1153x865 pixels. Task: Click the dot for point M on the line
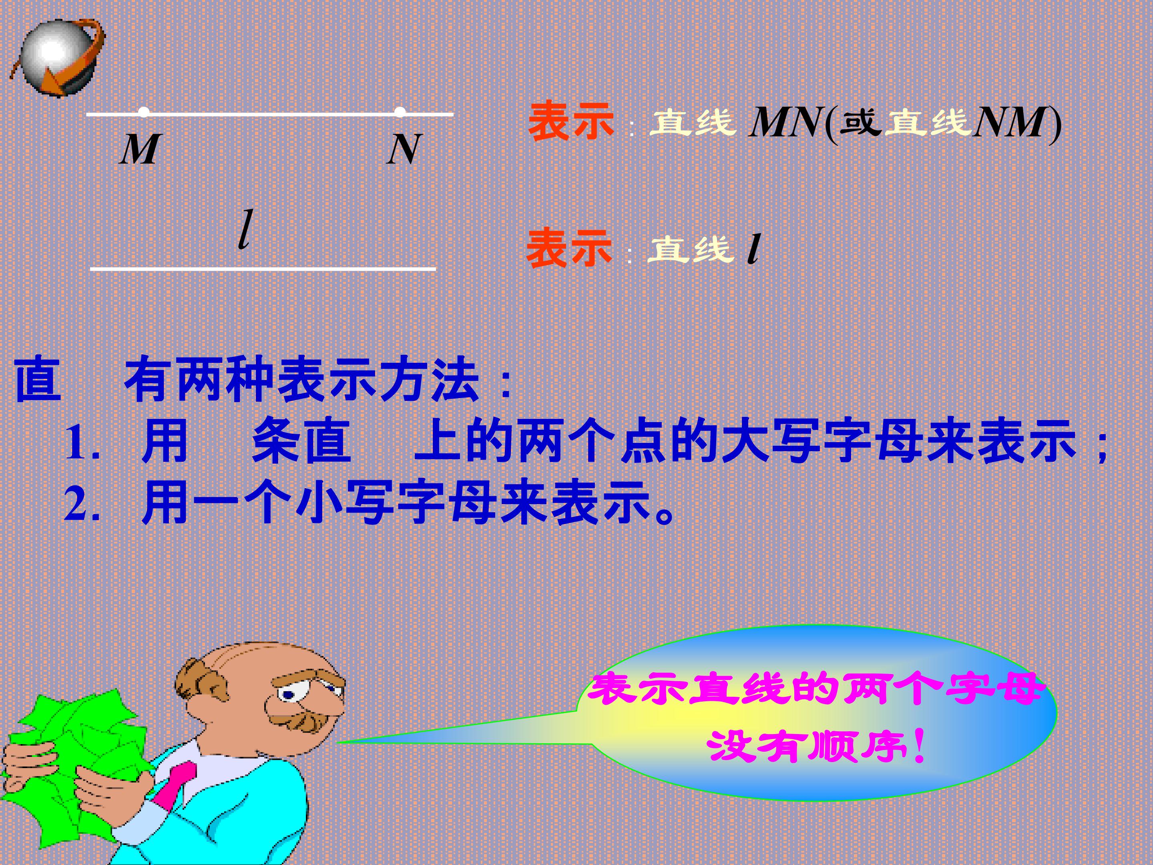point(144,112)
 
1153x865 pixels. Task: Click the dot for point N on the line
point(400,112)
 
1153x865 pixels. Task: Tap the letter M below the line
point(140,150)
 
